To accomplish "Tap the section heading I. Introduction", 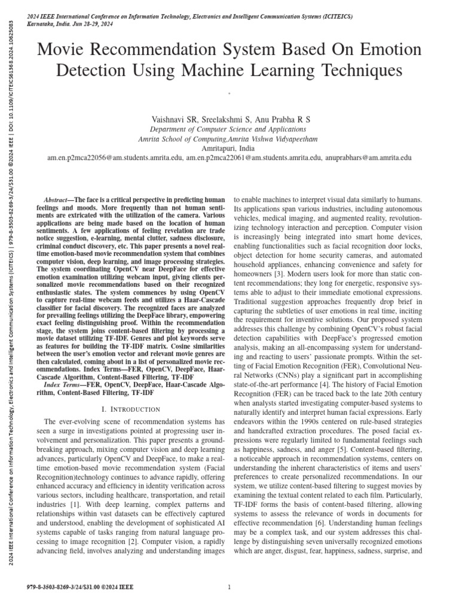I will (x=131, y=393).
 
